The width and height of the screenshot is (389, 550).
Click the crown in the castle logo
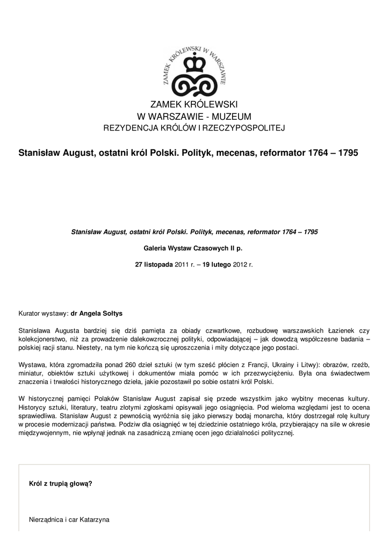194,66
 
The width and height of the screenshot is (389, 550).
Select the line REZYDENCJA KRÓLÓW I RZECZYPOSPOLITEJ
194,128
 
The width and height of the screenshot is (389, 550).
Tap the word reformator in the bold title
282,153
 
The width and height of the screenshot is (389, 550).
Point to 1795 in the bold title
347,153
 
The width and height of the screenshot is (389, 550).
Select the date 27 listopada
154,265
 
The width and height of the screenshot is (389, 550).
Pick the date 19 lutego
217,265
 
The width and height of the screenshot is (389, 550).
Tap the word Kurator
31,313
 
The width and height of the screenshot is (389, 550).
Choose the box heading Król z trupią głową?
60,484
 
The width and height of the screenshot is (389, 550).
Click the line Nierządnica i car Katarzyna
69,520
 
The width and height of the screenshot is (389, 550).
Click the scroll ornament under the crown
194,86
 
